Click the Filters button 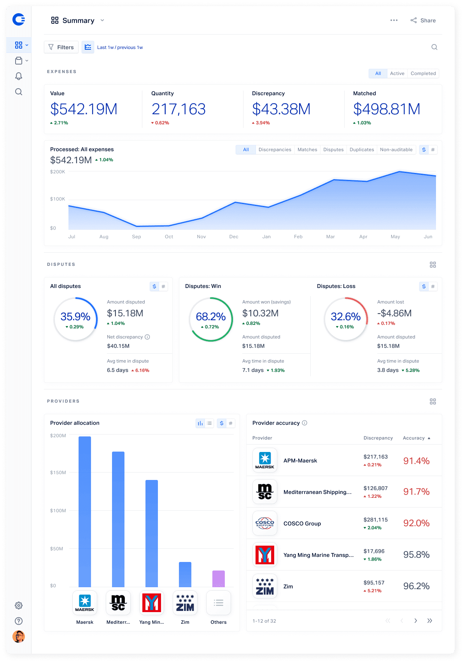click(61, 47)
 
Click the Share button click(423, 20)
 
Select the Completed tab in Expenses click(423, 73)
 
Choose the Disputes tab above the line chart click(333, 150)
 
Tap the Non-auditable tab click(396, 150)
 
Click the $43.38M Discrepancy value click(281, 109)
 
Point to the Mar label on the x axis click(330, 237)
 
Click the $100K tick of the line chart click(58, 199)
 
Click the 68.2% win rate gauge click(211, 319)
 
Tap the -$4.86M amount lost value click(394, 313)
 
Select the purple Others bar click(219, 579)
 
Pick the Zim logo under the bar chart click(185, 603)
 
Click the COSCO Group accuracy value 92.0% click(416, 523)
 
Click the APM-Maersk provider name click(300, 461)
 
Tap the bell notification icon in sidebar click(18, 76)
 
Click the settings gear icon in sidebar click(18, 605)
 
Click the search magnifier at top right click(434, 47)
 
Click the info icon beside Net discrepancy click(147, 337)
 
